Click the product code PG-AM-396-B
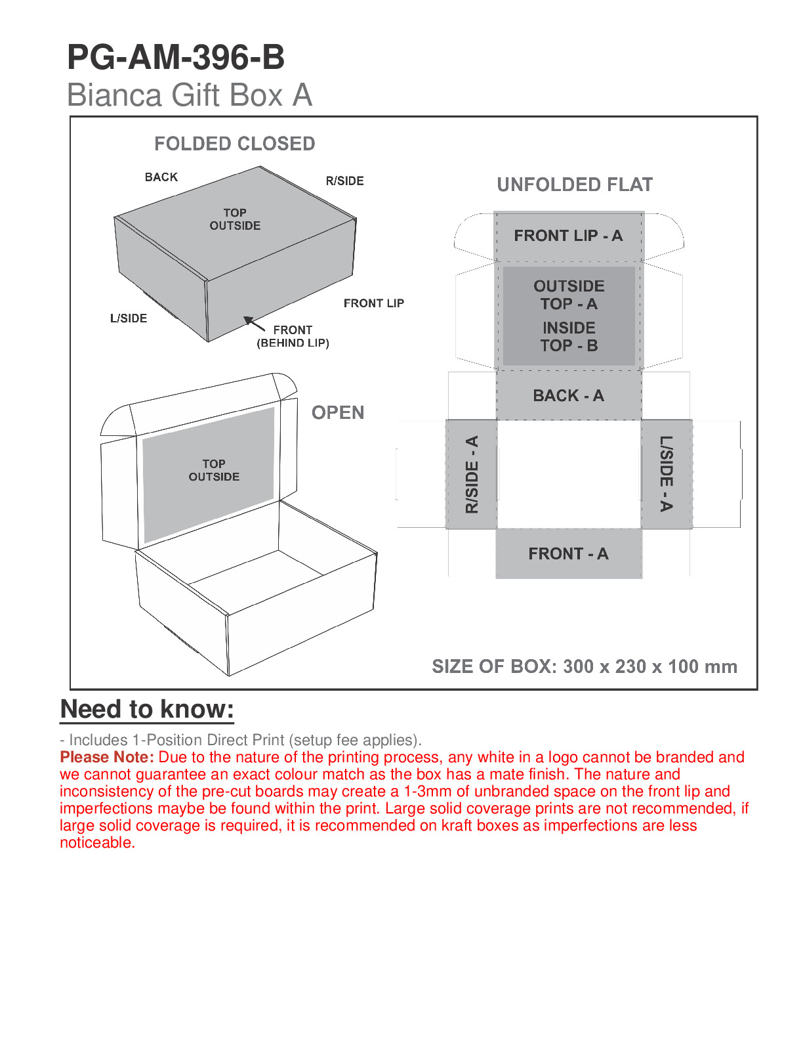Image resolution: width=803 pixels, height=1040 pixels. click(176, 58)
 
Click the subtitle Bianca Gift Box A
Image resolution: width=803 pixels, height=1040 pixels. click(189, 95)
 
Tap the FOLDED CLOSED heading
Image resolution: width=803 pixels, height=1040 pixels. click(234, 144)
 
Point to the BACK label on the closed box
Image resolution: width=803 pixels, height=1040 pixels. click(161, 177)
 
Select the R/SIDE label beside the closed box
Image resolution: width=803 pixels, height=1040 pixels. click(344, 181)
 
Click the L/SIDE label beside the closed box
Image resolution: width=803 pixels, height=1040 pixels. click(129, 318)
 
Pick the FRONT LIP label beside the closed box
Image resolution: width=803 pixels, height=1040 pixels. click(374, 303)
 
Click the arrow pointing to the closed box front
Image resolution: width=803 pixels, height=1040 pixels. click(253, 324)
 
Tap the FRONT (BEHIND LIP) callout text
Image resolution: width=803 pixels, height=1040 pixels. click(293, 336)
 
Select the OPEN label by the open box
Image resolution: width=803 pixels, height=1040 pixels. click(338, 412)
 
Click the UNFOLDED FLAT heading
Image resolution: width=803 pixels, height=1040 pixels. click(575, 184)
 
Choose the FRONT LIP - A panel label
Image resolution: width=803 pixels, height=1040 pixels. click(568, 236)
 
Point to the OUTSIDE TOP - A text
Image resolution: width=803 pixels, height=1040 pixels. click(569, 295)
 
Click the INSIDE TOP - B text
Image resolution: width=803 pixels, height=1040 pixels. click(569, 336)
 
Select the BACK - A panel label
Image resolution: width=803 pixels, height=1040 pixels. click(568, 396)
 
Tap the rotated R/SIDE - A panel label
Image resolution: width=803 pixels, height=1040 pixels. click(472, 474)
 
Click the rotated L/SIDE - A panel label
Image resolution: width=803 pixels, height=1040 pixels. click(667, 474)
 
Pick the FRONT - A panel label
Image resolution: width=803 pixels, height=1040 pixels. click(568, 554)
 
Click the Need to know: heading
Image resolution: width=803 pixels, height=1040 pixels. click(147, 709)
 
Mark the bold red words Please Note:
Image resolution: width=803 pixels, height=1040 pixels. click(107, 757)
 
